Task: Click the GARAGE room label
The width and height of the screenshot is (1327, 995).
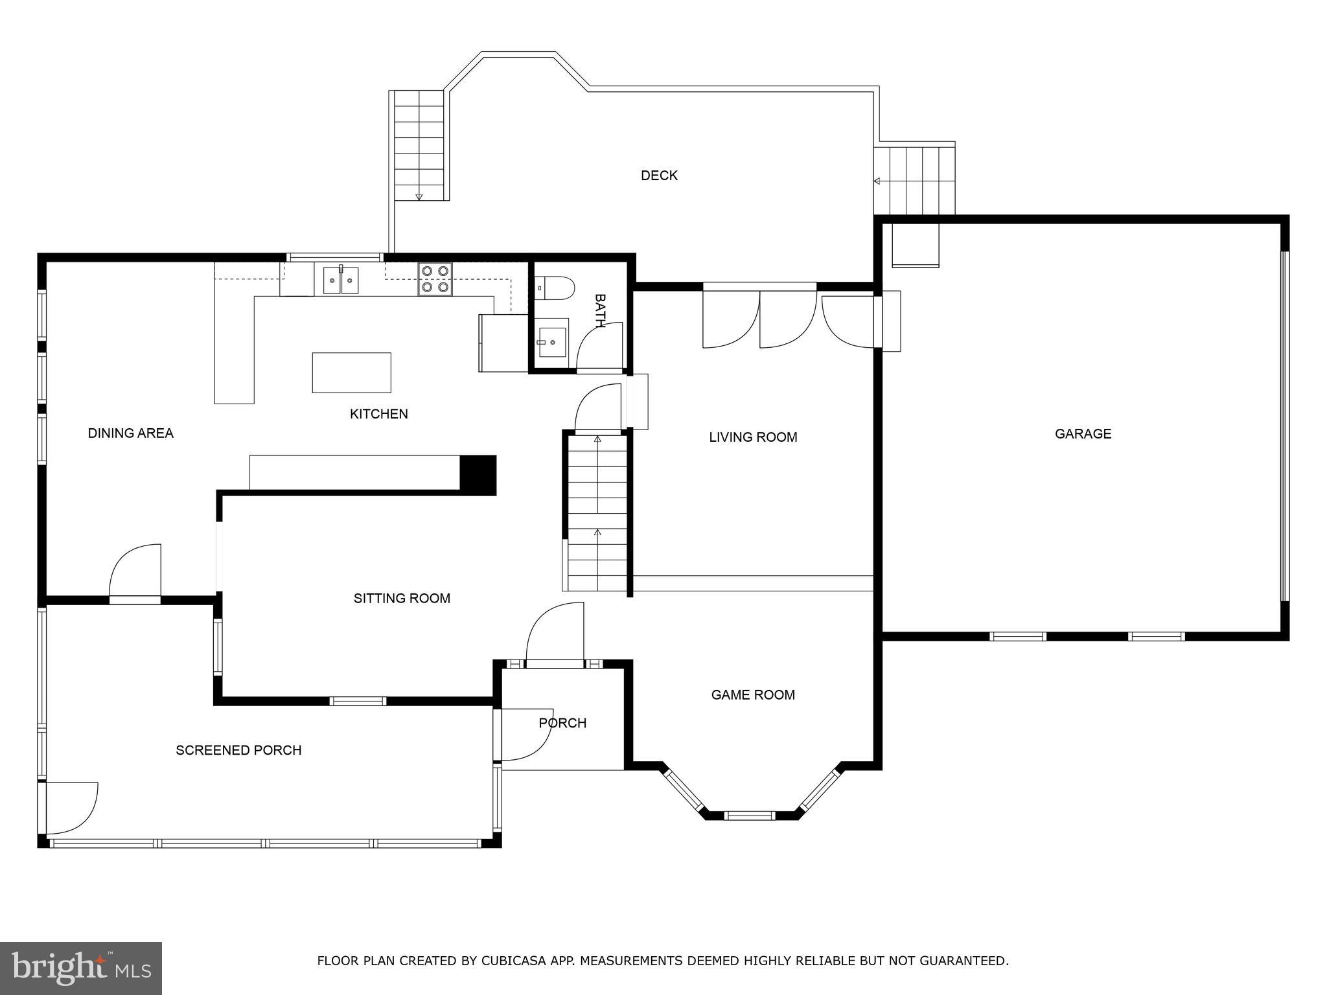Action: coord(1083,434)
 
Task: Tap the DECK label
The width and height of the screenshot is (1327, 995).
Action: coord(659,176)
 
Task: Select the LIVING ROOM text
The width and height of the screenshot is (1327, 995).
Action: coord(753,437)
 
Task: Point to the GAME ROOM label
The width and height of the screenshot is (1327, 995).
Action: coord(753,695)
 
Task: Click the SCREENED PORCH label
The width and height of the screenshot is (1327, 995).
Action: coord(238,750)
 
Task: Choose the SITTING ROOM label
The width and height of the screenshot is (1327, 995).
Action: coord(402,599)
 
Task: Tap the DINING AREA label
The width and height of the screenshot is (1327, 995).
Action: coord(131,433)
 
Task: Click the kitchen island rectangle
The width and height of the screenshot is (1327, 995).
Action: coord(351,372)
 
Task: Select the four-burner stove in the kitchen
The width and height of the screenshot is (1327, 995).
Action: coord(435,279)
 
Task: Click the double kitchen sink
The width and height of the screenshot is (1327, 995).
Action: coord(341,280)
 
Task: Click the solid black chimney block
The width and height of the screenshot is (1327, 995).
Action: coord(478,475)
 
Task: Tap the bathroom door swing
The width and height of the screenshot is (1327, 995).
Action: coord(600,347)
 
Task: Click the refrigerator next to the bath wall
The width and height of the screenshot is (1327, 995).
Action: coord(503,343)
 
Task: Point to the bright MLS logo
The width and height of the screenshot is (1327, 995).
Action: coord(81,968)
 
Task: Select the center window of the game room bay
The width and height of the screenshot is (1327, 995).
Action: coord(750,815)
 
